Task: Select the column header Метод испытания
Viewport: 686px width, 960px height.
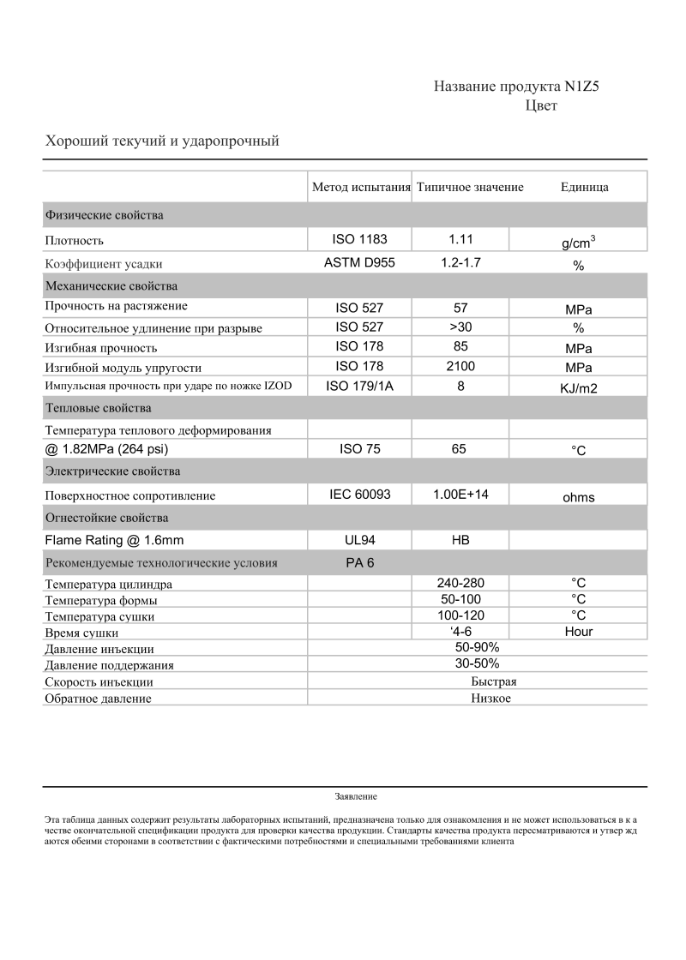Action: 361,187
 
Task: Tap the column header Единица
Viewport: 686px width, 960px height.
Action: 584,187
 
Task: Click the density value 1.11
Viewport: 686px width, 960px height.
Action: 460,240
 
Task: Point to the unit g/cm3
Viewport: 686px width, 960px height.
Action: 579,243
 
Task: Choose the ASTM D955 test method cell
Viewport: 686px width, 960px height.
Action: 359,263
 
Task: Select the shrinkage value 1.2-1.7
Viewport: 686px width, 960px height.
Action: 460,263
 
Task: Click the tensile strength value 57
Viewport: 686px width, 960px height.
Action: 460,308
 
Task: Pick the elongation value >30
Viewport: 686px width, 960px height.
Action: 460,327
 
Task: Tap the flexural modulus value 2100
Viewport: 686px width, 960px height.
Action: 460,367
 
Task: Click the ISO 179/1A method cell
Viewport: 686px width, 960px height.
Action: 359,387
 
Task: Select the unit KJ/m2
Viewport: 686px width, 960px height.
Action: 579,388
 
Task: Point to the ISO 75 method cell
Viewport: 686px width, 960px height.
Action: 359,448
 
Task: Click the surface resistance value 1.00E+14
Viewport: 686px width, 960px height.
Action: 460,495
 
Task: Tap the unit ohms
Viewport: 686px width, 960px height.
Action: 579,497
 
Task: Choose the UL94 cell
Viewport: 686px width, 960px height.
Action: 359,541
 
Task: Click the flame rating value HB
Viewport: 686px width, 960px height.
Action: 460,541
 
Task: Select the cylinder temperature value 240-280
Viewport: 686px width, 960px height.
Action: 460,583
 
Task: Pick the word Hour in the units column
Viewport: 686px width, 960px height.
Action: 579,632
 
